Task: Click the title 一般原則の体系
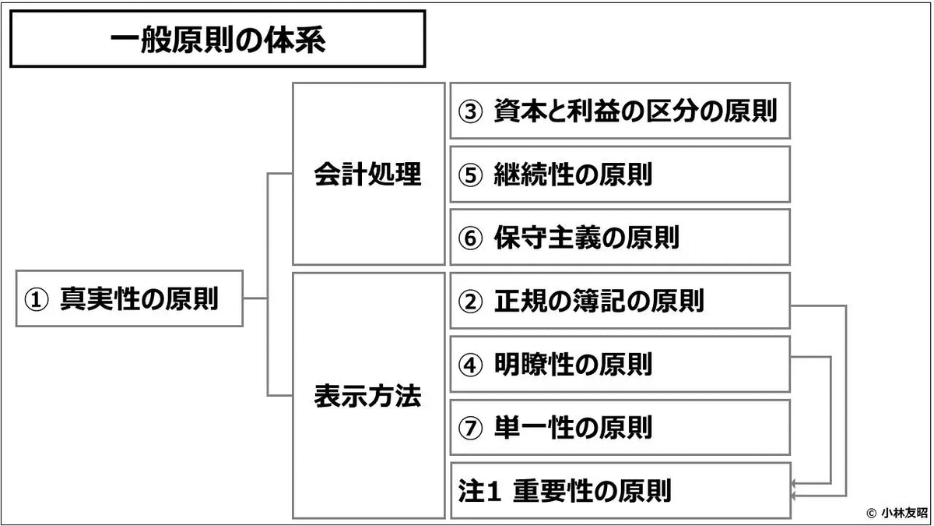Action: coord(218,41)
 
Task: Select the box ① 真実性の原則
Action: coord(129,298)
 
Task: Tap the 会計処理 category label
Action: coord(367,174)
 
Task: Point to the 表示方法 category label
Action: coord(367,396)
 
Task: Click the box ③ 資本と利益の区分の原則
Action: coord(620,111)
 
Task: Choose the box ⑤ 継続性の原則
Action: coord(620,174)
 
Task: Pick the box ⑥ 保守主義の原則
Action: coord(620,237)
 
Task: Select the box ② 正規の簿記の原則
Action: coord(620,301)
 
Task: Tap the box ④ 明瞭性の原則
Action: coord(620,364)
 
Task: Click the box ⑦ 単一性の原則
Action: coord(620,428)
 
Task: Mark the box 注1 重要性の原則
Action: coord(620,490)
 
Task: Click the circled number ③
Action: coord(470,111)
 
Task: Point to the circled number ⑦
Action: coord(470,429)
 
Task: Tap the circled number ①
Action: coord(37,299)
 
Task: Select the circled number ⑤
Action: coord(470,175)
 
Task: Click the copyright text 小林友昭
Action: coord(904,513)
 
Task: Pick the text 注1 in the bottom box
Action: coord(479,491)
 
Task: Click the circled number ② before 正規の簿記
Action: coord(470,302)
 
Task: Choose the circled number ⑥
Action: coord(470,238)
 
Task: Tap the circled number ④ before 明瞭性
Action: coord(470,365)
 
